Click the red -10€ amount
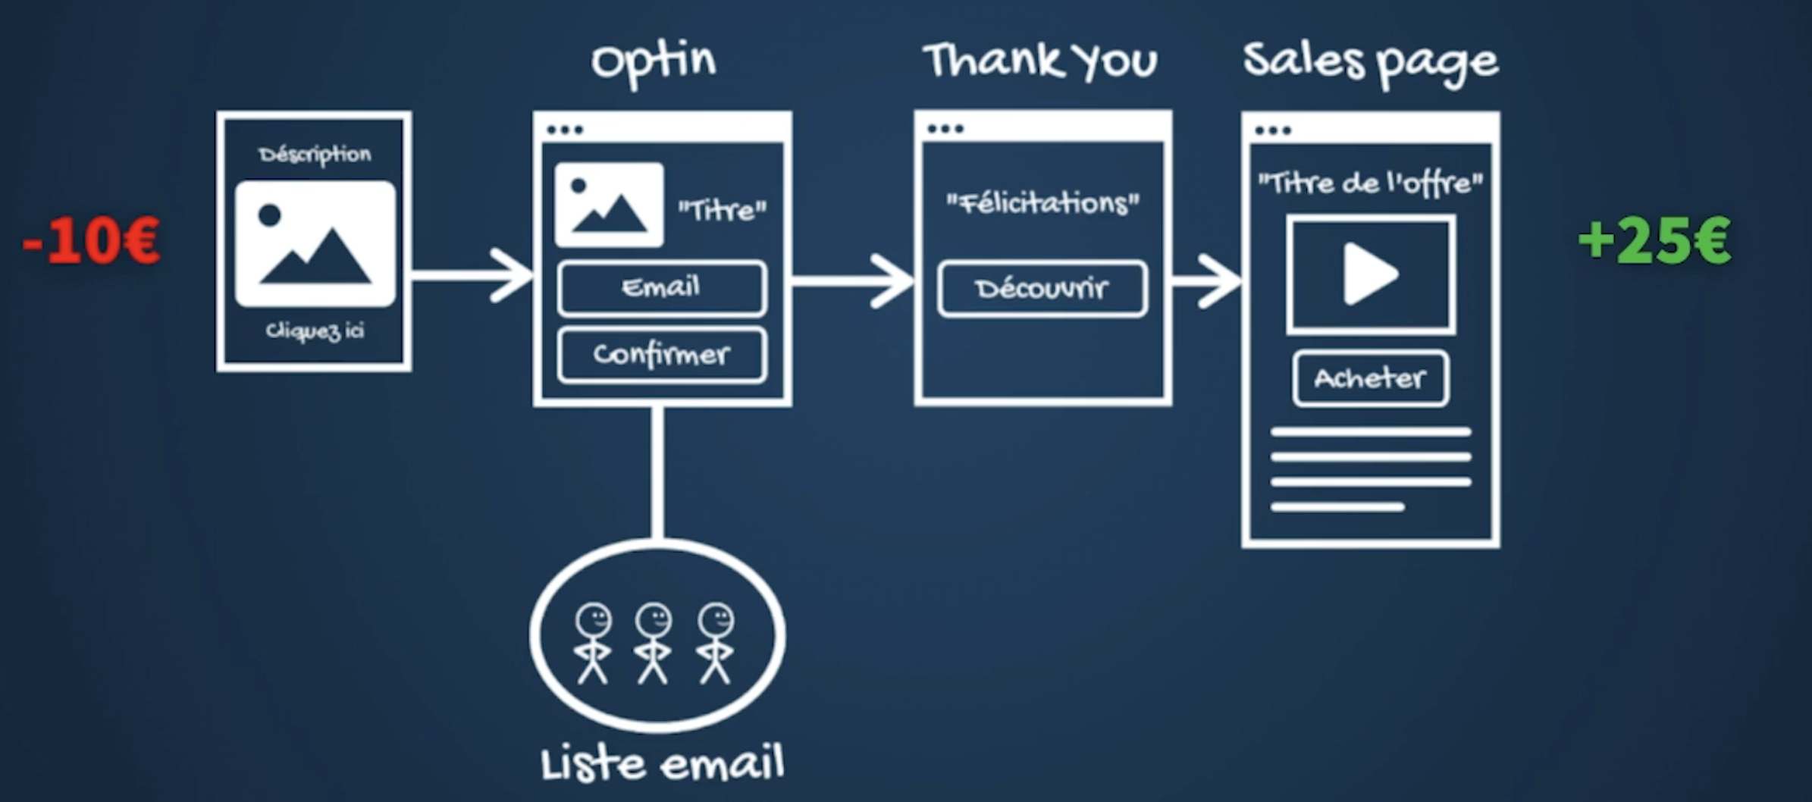pos(92,241)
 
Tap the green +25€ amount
pos(1654,241)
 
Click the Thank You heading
pos(1040,61)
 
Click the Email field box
pos(662,288)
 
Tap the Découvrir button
pos(1042,289)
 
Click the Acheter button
pos(1370,378)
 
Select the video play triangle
pos(1369,274)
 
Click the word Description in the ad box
pos(315,155)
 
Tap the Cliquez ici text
pos(315,331)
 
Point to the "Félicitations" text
pos(1042,203)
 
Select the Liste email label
pos(662,764)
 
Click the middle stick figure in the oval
pos(654,643)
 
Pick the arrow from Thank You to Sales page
pos(1207,281)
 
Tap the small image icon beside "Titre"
pos(609,205)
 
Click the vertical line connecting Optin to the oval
pos(657,472)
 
